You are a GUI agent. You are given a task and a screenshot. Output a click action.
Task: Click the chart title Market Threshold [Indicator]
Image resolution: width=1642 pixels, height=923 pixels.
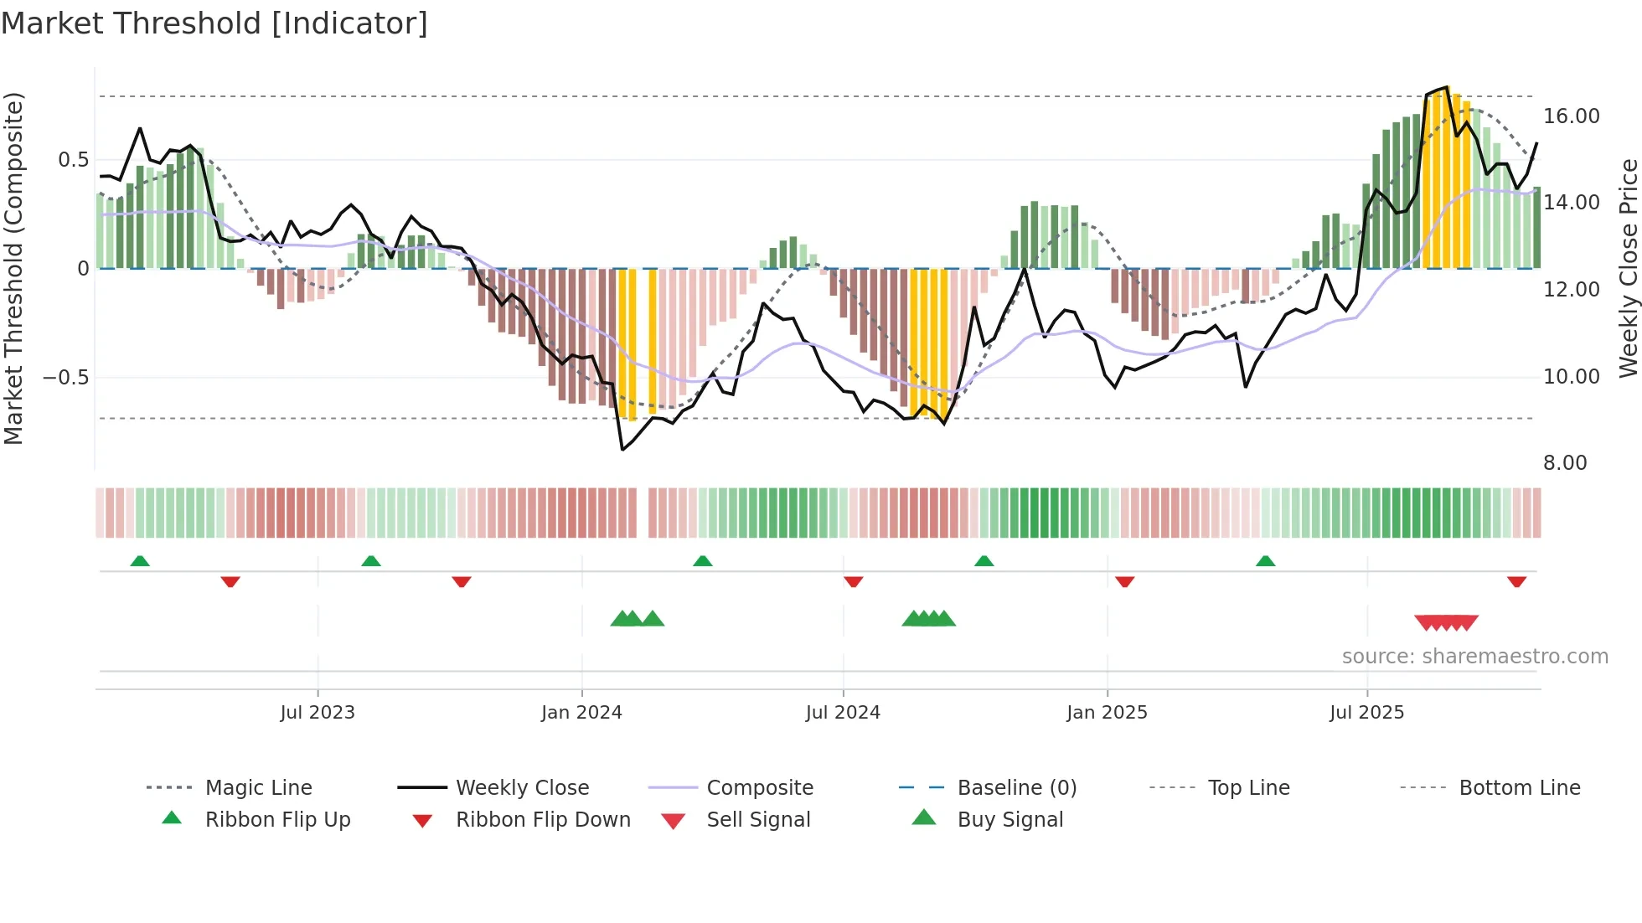(214, 23)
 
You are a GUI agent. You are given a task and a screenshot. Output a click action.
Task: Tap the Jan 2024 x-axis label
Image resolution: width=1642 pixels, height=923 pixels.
(581, 713)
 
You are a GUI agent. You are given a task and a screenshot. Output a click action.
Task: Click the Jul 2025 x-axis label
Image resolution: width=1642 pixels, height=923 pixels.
(1366, 713)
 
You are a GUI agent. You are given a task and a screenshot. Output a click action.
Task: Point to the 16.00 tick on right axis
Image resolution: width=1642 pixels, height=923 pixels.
(1571, 116)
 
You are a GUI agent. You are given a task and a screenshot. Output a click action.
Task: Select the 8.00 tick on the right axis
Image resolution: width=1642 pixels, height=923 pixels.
(1564, 463)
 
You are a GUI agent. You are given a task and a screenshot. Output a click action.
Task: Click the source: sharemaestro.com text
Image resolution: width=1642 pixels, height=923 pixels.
(1474, 657)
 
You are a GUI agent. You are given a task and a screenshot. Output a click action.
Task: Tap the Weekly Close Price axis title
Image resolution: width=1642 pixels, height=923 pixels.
(1628, 268)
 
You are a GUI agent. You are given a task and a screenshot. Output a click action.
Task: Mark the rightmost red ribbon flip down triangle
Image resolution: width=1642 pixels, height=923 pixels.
(1516, 581)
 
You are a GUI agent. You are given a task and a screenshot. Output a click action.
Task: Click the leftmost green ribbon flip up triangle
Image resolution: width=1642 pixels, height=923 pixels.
(140, 561)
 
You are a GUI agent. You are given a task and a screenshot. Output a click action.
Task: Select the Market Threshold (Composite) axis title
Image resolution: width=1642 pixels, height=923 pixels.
(13, 268)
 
